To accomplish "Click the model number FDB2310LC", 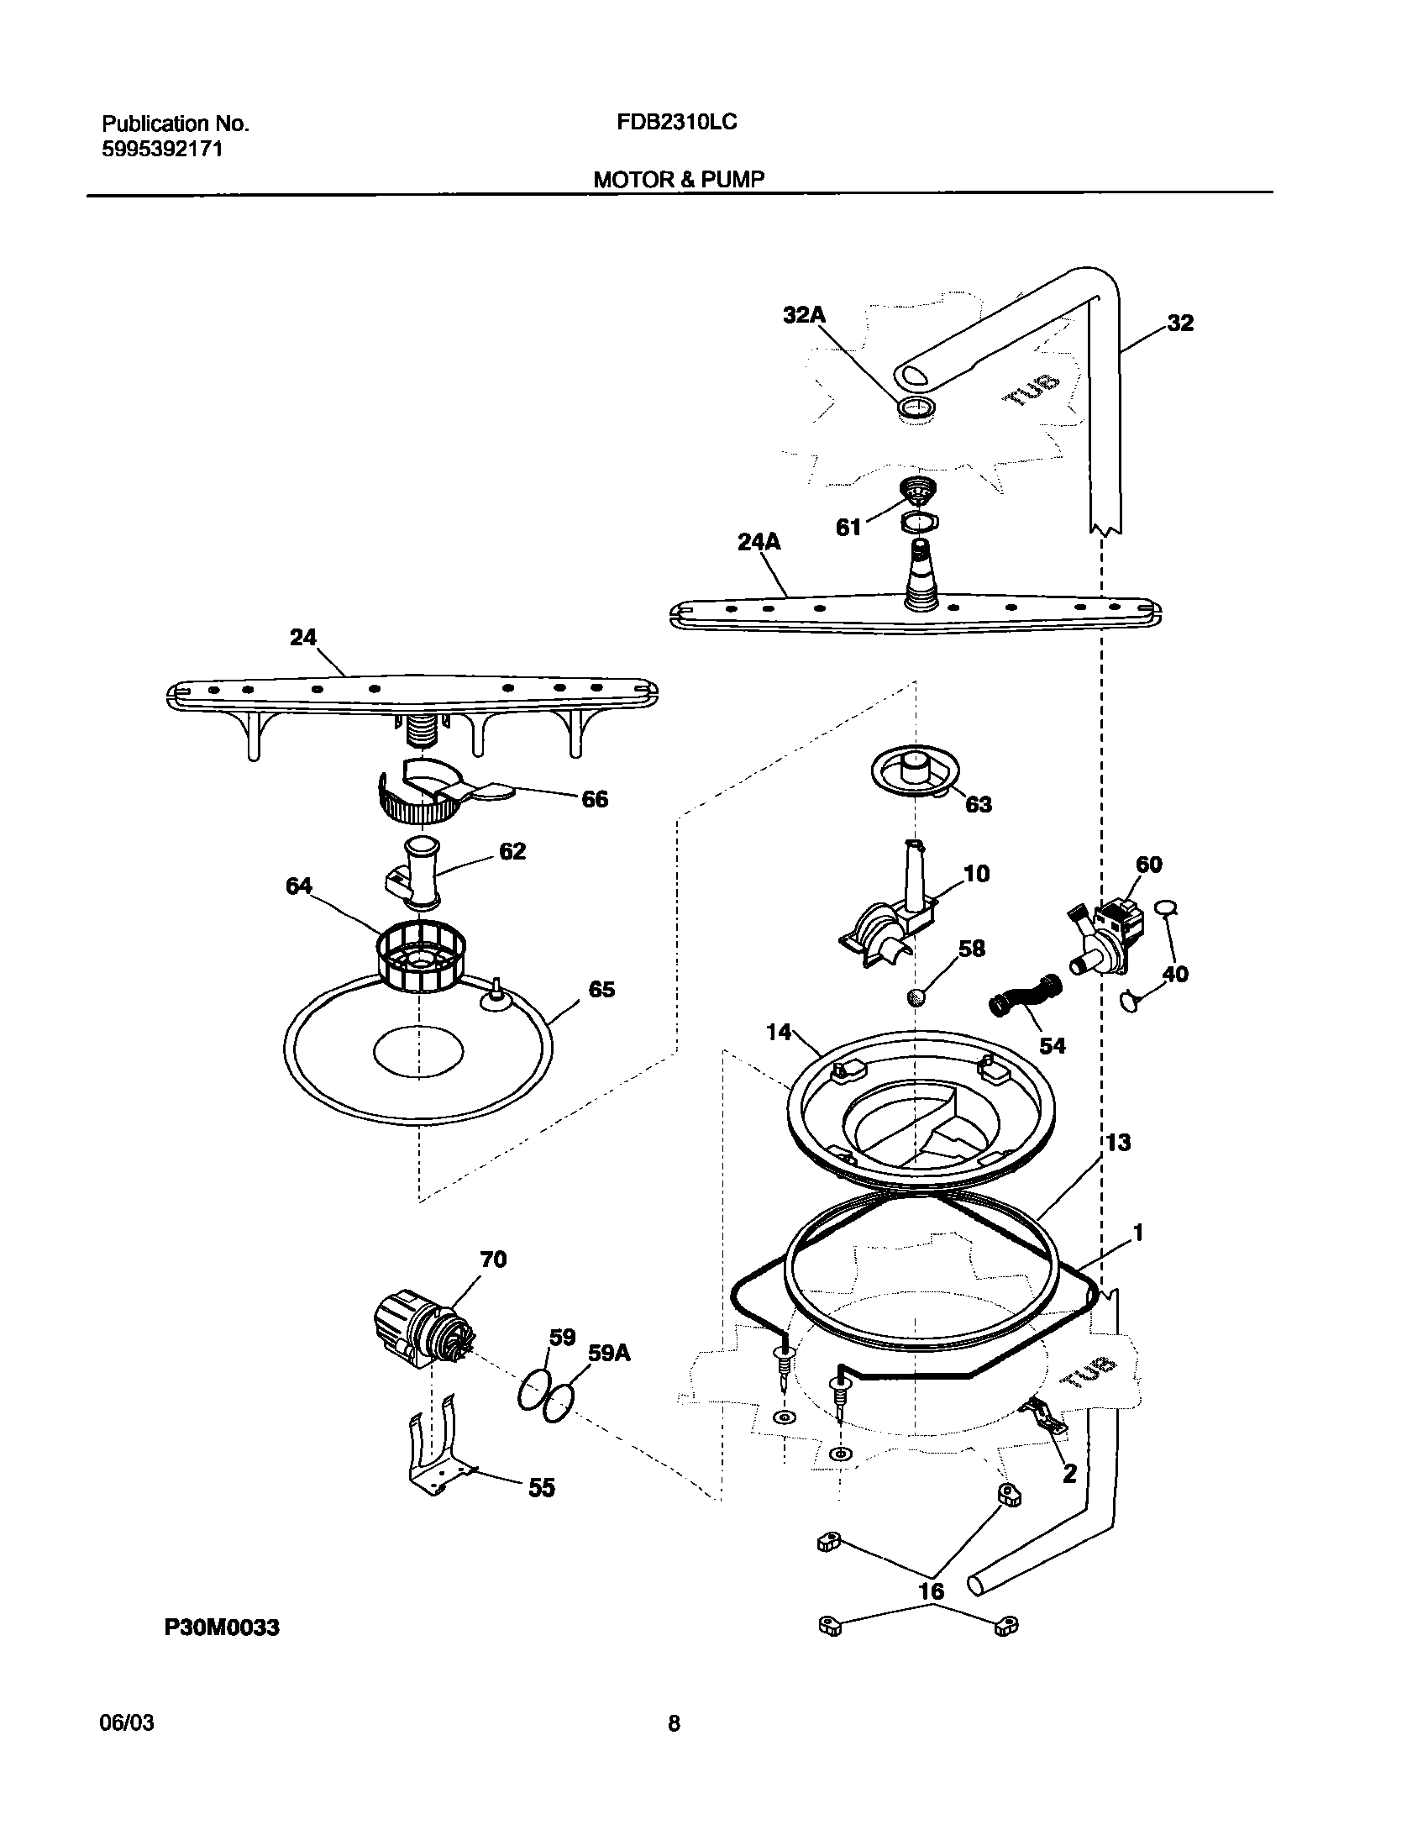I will pyautogui.click(x=676, y=123).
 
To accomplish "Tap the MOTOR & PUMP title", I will pyautogui.click(x=679, y=180).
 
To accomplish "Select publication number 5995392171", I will pyautogui.click(x=162, y=150).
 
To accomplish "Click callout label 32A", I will pyautogui.click(x=804, y=315).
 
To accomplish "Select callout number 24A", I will pyautogui.click(x=759, y=543).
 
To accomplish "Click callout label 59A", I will pyautogui.click(x=609, y=1354).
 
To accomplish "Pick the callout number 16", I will pyautogui.click(x=932, y=1591).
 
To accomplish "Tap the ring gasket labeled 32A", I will pyautogui.click(x=916, y=409).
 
